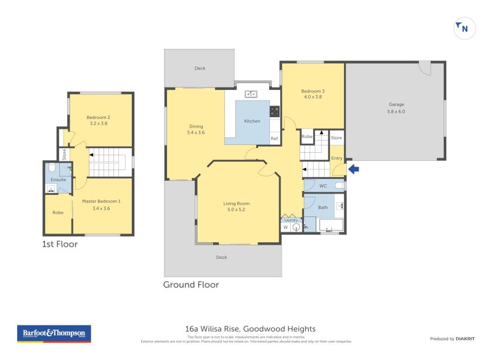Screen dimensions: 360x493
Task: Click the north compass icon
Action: pyautogui.click(x=465, y=28)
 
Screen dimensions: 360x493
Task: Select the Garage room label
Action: pyautogui.click(x=396, y=104)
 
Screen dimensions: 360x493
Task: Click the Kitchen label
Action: pyautogui.click(x=252, y=121)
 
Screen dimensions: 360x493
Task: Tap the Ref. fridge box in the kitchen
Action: pyautogui.click(x=275, y=139)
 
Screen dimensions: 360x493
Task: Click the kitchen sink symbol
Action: pyautogui.click(x=251, y=94)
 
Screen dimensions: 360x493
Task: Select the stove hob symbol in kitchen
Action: pyautogui.click(x=275, y=112)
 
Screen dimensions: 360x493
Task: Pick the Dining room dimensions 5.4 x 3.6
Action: pyautogui.click(x=195, y=133)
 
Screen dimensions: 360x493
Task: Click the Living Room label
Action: pyautogui.click(x=236, y=203)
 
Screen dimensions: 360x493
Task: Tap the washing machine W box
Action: pyautogui.click(x=285, y=227)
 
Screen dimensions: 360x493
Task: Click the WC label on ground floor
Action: pyautogui.click(x=322, y=186)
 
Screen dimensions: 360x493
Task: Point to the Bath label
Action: pyautogui.click(x=323, y=208)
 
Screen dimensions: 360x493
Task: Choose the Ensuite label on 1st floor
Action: pyautogui.click(x=59, y=179)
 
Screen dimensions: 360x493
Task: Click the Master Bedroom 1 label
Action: pyautogui.click(x=101, y=201)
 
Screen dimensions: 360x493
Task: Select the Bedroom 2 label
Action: pyautogui.click(x=98, y=117)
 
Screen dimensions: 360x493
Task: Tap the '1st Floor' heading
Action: pyautogui.click(x=60, y=244)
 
